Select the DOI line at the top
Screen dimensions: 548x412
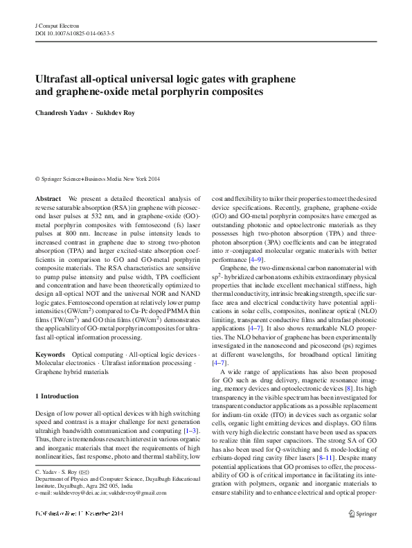click(x=75, y=33)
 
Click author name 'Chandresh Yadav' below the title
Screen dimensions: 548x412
click(x=66, y=113)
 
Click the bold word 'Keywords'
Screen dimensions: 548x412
click(x=50, y=354)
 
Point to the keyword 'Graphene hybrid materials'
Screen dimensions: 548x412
click(x=71, y=371)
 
